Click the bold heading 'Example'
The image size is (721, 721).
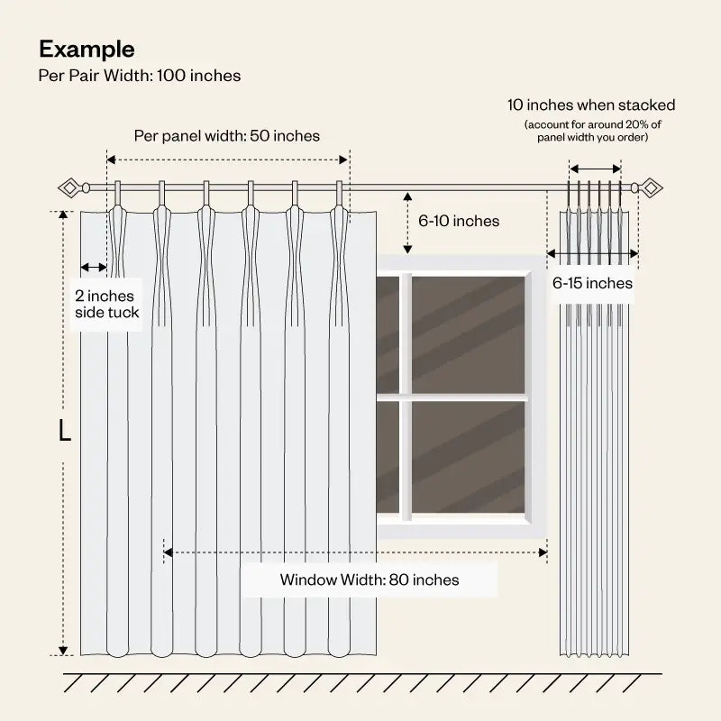(87, 50)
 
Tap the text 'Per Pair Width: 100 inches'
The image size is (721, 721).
(140, 76)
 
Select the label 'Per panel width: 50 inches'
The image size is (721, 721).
(227, 136)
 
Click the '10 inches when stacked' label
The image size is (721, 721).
(591, 105)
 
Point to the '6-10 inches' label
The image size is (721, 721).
(459, 221)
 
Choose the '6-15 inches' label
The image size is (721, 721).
(592, 283)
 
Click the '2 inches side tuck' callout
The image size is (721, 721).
(106, 304)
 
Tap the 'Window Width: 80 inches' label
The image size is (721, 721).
(370, 580)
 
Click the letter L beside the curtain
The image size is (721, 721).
(65, 431)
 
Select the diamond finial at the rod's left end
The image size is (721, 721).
(69, 187)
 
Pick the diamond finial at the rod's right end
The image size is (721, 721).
(651, 187)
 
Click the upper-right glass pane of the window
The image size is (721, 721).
(468, 334)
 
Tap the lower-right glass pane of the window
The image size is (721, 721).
(468, 457)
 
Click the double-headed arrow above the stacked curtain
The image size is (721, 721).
(596, 169)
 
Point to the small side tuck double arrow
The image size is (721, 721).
(94, 267)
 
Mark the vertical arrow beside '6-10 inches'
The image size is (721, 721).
(407, 223)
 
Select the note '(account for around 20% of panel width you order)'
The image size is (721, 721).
(593, 131)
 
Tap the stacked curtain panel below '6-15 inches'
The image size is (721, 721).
(595, 479)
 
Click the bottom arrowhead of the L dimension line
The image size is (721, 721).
(63, 650)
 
